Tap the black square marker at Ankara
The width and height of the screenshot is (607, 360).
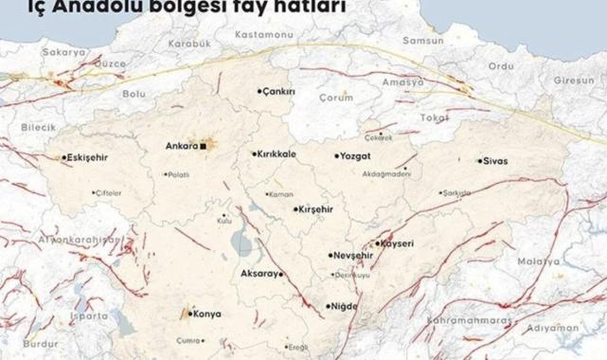(x=202, y=147)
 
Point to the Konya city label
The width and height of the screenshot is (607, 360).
(x=206, y=314)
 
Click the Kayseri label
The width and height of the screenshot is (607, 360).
(x=398, y=243)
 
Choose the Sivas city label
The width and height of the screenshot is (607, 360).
(x=495, y=161)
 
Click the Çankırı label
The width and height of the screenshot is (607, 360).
(x=279, y=92)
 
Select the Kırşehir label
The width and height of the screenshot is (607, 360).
(x=314, y=209)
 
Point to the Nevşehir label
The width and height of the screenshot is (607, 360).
(x=350, y=256)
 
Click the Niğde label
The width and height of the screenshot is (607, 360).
(x=345, y=306)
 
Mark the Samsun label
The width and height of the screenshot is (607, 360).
(x=422, y=42)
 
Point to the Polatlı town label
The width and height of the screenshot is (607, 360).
(x=179, y=175)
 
